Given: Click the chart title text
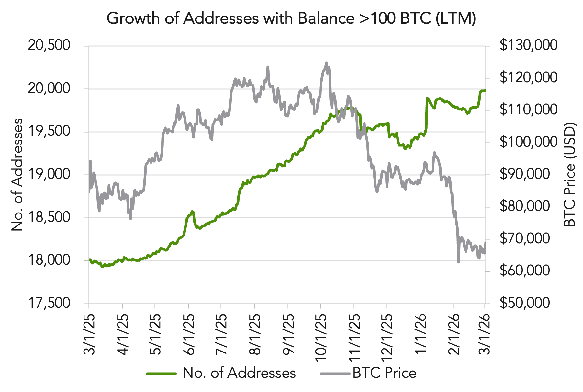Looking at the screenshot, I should [x=291, y=18].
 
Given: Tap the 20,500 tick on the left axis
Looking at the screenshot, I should [x=49, y=45].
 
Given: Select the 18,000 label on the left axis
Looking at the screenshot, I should [x=49, y=260].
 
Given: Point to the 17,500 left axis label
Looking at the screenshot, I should [x=49, y=303].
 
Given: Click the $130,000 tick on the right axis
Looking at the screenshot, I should [x=528, y=45].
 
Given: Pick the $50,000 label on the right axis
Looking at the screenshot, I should [x=524, y=303].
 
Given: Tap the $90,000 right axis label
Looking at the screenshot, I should [x=524, y=174].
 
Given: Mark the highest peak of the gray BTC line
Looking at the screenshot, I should [x=326, y=63].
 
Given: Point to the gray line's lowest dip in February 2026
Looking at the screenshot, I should [x=458, y=262].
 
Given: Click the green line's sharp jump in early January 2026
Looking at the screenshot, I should [x=427, y=113].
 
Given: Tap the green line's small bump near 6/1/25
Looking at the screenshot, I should [x=192, y=212].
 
